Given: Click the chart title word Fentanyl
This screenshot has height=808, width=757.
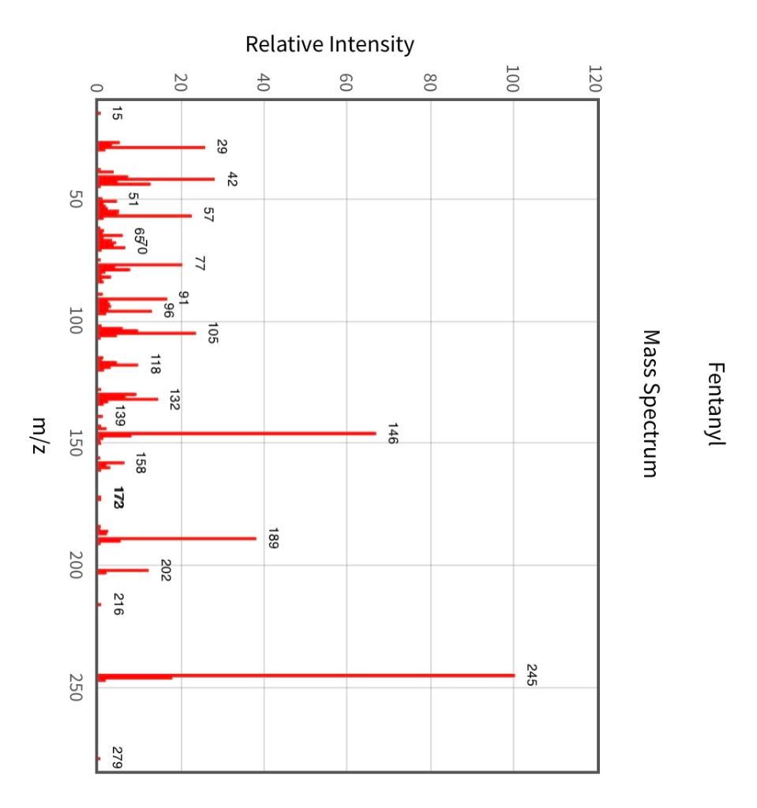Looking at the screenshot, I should point(717,404).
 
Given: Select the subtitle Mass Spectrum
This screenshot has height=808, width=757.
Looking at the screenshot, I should point(650,404).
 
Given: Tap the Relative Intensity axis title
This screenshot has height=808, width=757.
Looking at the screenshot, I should point(329,45).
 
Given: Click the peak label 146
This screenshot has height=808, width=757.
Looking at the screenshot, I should point(392,433).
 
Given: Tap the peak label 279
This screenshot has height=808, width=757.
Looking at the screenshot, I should point(117,757).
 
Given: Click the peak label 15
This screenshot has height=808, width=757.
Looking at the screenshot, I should point(117,114).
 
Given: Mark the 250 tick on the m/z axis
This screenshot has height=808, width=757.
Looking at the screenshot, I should point(77,687).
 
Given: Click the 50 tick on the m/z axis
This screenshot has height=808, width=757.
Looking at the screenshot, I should point(77,200).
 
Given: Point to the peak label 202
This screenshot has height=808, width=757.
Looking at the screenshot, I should point(166,570).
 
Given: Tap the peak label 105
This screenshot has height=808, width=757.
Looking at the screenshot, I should point(212,333).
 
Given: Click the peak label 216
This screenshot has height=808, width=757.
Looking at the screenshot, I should point(117,604).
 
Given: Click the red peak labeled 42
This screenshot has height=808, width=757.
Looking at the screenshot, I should point(158,179).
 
